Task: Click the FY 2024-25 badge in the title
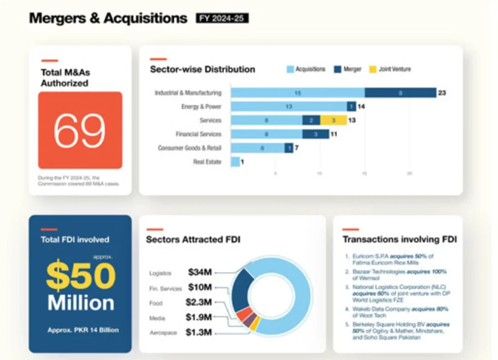click(x=222, y=18)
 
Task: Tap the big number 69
click(x=80, y=130)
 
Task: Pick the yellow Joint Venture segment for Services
click(x=333, y=120)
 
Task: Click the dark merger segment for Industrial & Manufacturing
click(x=400, y=92)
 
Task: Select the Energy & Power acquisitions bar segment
click(x=288, y=107)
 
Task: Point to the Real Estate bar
click(x=235, y=162)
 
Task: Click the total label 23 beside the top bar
click(x=442, y=93)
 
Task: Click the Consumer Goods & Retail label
click(x=190, y=148)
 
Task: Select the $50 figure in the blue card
click(x=81, y=276)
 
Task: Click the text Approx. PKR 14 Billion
click(x=83, y=330)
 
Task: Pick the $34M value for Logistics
click(x=200, y=273)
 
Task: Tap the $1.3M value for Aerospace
click(x=198, y=333)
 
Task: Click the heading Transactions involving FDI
click(x=399, y=239)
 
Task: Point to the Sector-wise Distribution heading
click(x=202, y=69)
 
